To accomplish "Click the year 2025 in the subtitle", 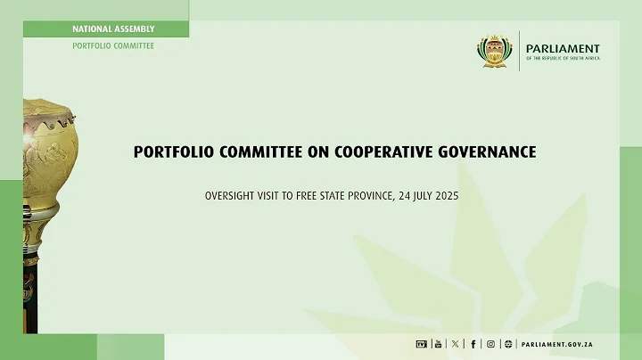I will tap(444, 194).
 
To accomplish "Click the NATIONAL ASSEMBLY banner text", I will tap(113, 29).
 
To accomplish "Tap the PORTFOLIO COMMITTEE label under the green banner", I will tap(113, 45).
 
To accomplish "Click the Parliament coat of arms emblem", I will tap(496, 52).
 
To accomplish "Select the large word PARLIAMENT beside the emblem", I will tap(563, 49).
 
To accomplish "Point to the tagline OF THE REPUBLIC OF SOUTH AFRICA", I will tap(563, 59).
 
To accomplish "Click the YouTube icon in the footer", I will tap(438, 344).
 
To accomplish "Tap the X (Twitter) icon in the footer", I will tap(456, 344).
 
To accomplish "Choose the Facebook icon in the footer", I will tap(473, 344).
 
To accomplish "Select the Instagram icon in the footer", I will tap(490, 344).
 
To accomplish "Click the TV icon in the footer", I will tap(421, 344).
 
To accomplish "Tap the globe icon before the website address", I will tap(507, 344).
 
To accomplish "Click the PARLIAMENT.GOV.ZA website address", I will tap(559, 344).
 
